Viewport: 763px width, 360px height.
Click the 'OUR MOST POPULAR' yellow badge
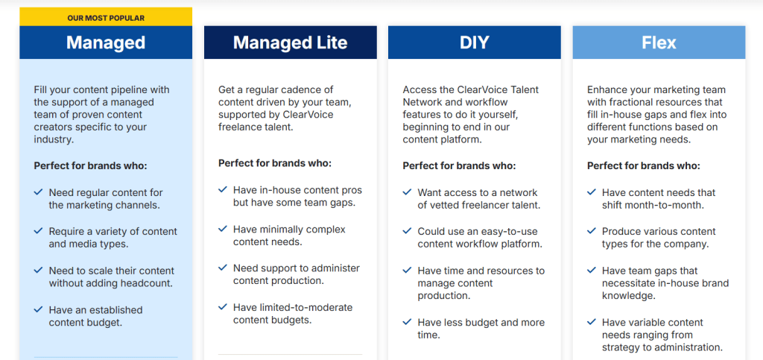click(106, 18)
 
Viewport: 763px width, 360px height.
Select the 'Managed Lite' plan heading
click(290, 42)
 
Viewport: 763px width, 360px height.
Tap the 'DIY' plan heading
click(475, 42)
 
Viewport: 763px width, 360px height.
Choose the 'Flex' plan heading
click(659, 42)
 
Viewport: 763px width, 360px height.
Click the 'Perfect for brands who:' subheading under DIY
click(459, 166)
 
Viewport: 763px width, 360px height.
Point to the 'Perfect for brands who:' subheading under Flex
click(643, 166)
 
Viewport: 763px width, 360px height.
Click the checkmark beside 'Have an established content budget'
click(38, 309)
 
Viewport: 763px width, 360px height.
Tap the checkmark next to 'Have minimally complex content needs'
click(222, 229)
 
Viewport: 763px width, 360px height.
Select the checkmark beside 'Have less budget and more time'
click(407, 322)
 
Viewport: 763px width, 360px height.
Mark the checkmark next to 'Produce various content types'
click(591, 231)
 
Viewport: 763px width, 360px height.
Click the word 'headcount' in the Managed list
click(149, 283)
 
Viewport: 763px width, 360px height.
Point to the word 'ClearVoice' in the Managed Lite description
click(309, 116)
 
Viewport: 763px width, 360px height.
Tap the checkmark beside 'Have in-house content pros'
click(222, 189)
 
